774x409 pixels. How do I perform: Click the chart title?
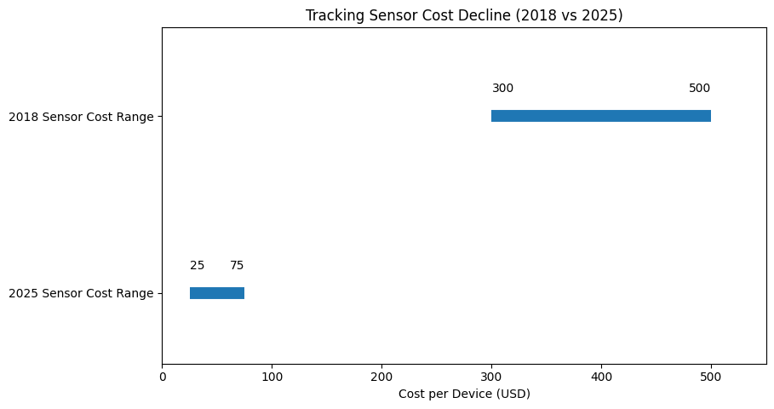[464, 14]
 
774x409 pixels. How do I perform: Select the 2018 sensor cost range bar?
[601, 116]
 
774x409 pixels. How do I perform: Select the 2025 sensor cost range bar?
[217, 293]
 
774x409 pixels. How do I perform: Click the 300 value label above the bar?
[502, 89]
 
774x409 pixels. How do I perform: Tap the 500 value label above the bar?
[699, 89]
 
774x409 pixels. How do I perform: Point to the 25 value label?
[197, 266]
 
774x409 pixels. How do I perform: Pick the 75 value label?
[237, 266]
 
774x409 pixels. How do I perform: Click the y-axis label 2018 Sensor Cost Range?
[81, 117]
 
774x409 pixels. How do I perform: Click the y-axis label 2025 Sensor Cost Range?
[81, 294]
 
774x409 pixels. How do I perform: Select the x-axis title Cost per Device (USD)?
[464, 395]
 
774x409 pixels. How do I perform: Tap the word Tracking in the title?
[334, 14]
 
